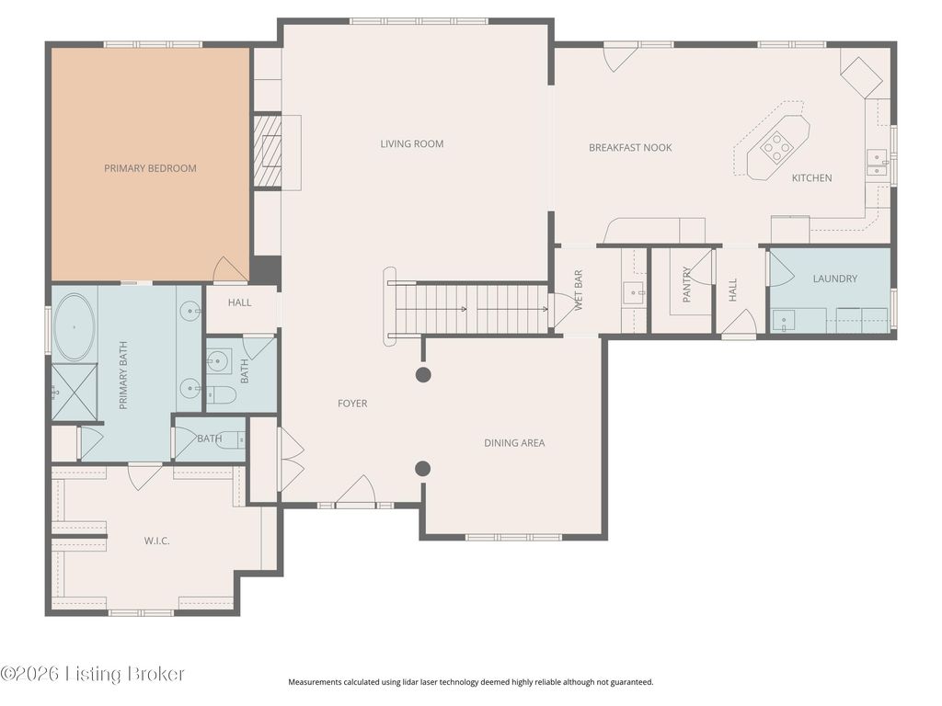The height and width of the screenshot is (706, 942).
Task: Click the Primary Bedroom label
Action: click(150, 168)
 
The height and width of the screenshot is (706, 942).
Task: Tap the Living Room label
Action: click(412, 144)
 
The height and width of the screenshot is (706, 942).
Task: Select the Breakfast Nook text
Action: click(630, 148)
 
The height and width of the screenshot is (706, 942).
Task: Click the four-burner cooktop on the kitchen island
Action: click(775, 147)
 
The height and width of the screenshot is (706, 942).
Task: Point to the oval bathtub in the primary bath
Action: click(74, 327)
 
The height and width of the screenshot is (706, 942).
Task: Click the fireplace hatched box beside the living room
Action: click(268, 151)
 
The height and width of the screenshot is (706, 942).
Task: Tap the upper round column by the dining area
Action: click(423, 375)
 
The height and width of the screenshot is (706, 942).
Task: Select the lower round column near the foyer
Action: click(423, 468)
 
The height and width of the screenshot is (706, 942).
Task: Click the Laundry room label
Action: click(835, 279)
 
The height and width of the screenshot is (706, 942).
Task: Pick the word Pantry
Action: click(687, 284)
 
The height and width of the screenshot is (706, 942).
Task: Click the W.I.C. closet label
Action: click(156, 541)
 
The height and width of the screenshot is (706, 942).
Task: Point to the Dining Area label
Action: click(514, 443)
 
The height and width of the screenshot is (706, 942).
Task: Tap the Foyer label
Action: click(352, 404)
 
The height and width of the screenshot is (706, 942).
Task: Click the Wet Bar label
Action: click(579, 290)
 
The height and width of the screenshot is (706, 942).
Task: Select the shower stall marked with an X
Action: click(74, 392)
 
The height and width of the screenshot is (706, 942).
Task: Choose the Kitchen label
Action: click(811, 178)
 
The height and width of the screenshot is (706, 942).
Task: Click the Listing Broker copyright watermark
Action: click(93, 674)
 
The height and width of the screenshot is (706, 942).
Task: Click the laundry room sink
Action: click(784, 321)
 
